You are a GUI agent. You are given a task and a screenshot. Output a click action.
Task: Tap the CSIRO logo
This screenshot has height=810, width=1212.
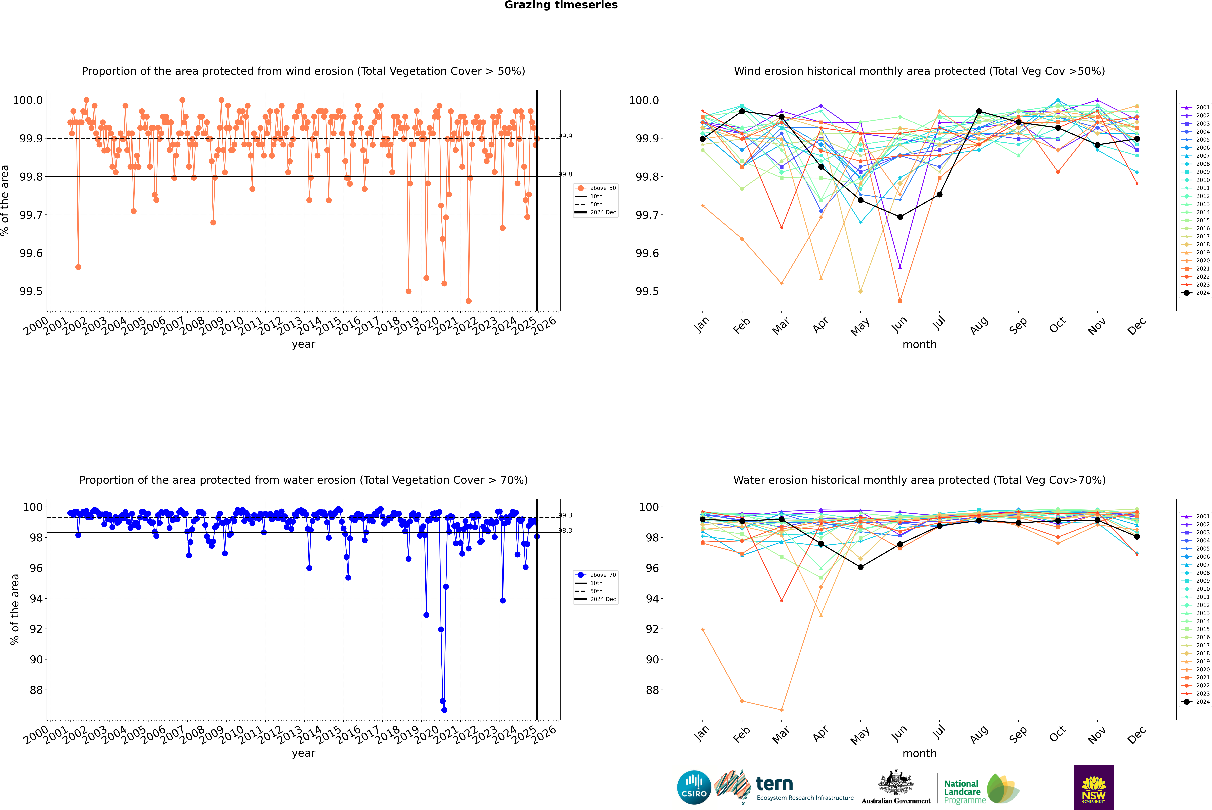coord(694,787)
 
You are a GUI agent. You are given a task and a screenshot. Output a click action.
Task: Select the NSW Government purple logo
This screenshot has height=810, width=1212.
coord(1094,787)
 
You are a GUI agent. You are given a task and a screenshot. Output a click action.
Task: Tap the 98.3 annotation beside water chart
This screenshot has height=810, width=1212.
coord(565,531)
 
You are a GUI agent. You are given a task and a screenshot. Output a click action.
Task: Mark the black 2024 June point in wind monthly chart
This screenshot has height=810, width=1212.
coord(900,217)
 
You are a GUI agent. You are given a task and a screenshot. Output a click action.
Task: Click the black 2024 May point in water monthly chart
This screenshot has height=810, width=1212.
coord(860,567)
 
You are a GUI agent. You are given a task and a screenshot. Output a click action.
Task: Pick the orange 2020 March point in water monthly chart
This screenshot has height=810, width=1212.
coord(781,710)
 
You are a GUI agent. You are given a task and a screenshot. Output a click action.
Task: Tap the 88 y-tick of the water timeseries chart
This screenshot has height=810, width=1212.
coord(36,690)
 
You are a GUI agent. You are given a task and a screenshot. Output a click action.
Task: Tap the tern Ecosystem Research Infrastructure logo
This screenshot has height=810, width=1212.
coord(785,787)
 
